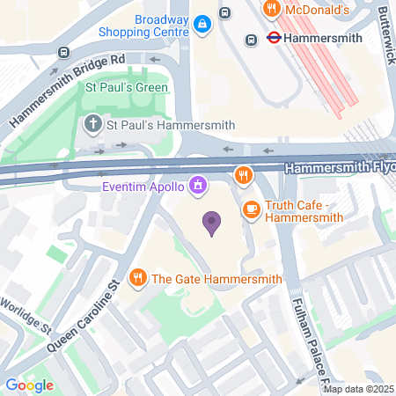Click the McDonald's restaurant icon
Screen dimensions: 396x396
pyautogui.click(x=272, y=9)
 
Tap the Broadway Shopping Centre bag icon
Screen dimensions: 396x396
pyautogui.click(x=202, y=22)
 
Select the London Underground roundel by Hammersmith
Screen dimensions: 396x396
pyautogui.click(x=274, y=39)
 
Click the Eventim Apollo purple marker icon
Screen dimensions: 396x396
pyautogui.click(x=199, y=186)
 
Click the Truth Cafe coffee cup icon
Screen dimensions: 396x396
pyautogui.click(x=252, y=209)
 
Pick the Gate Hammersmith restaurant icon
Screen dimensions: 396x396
pyautogui.click(x=137, y=279)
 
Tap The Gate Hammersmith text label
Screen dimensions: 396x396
pyautogui.click(x=216, y=279)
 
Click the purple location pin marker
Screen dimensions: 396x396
pyautogui.click(x=211, y=223)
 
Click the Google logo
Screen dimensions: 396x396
pyautogui.click(x=29, y=385)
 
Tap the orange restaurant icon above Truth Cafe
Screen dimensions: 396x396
pyautogui.click(x=243, y=175)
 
